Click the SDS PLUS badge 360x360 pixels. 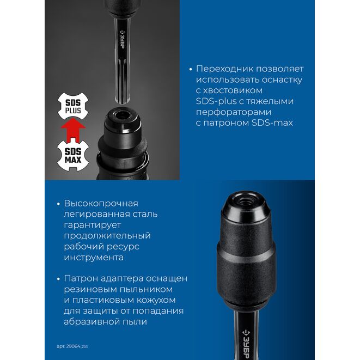tap(73, 106)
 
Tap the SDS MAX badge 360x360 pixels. tap(73, 155)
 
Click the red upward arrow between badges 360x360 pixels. tap(73, 130)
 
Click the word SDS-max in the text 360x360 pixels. tap(272, 123)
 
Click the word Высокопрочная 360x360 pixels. tap(101, 203)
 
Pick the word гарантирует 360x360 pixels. tap(92, 225)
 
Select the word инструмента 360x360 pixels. tap(94, 258)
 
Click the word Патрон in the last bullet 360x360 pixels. tap(81, 278)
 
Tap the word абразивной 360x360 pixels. tap(93, 322)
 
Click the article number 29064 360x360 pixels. tap(73, 346)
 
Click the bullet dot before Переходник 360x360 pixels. tap(190, 69)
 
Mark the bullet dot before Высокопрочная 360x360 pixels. tap(58, 204)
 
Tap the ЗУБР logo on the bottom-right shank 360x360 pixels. tap(247, 344)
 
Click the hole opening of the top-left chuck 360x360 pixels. tap(120, 114)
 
